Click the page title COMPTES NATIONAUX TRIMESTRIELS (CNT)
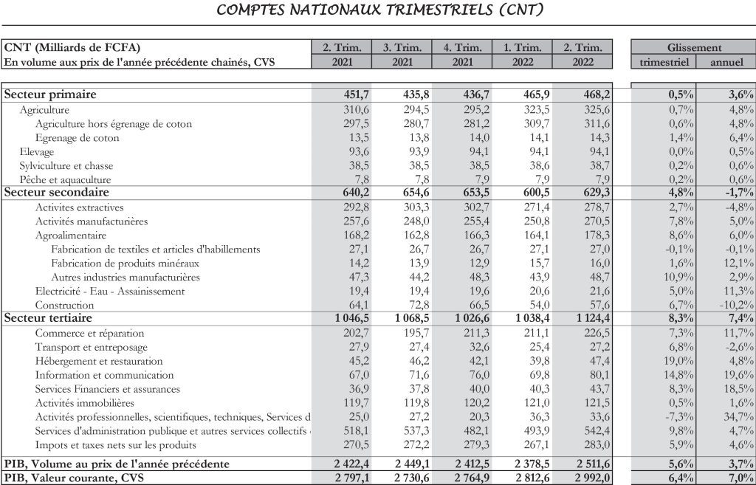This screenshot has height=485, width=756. click(x=381, y=10)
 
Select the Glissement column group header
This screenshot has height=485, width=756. click(x=694, y=48)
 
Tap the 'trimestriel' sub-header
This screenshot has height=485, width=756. click(x=664, y=62)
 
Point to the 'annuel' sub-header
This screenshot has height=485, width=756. click(x=726, y=62)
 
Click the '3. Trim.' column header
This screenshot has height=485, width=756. click(x=402, y=48)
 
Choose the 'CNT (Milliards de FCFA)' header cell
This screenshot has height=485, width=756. click(x=72, y=48)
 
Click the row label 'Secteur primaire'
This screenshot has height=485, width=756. click(x=50, y=94)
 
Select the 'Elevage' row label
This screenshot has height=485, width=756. click(x=37, y=151)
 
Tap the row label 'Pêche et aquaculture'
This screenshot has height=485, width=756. click(x=66, y=179)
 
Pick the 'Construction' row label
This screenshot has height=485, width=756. click(x=64, y=305)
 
